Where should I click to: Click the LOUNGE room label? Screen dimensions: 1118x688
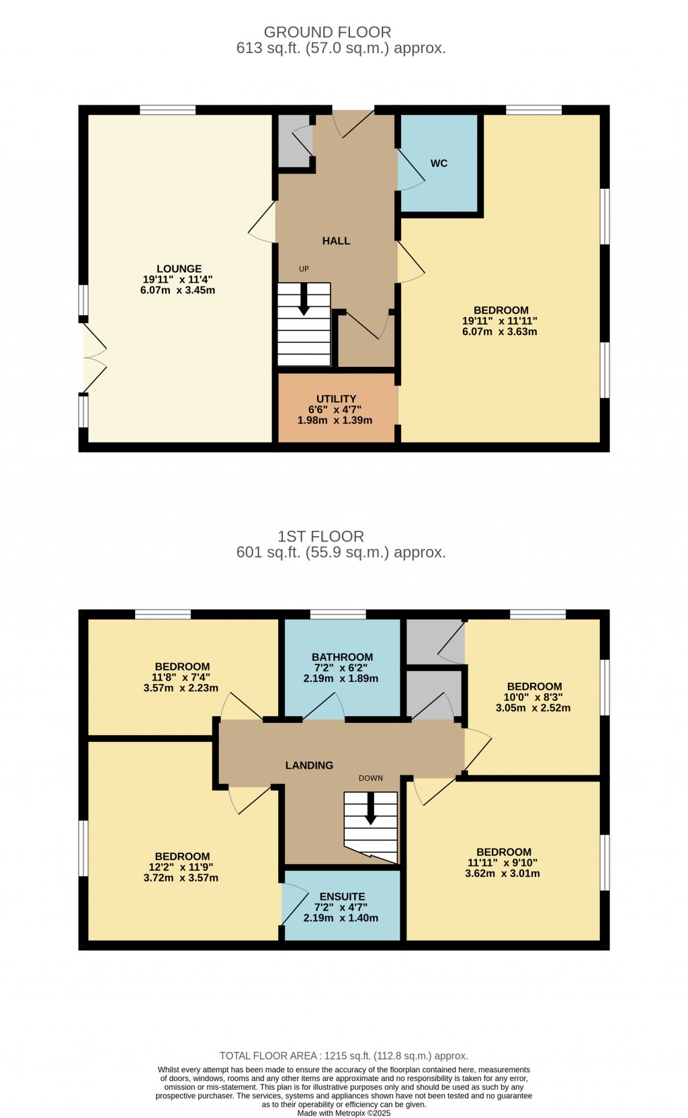179,269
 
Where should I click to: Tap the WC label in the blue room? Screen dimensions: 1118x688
439,163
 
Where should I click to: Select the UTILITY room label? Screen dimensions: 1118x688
336,398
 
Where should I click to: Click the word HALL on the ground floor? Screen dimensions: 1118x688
336,241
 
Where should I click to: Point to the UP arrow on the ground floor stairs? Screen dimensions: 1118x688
304,299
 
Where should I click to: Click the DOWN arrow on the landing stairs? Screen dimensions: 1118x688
370,810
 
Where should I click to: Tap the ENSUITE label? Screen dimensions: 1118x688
342,896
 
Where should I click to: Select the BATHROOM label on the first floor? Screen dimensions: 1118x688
342,657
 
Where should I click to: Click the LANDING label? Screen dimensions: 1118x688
309,765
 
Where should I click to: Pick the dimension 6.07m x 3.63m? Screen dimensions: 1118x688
501,331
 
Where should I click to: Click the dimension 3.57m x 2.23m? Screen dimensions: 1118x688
181,688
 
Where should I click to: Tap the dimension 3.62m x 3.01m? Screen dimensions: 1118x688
503,873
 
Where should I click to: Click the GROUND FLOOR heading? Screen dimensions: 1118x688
327,32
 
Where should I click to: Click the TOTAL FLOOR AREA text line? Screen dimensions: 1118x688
343,1056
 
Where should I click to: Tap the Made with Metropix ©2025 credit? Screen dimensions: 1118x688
343,1113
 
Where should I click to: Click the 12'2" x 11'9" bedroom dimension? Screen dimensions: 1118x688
182,867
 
